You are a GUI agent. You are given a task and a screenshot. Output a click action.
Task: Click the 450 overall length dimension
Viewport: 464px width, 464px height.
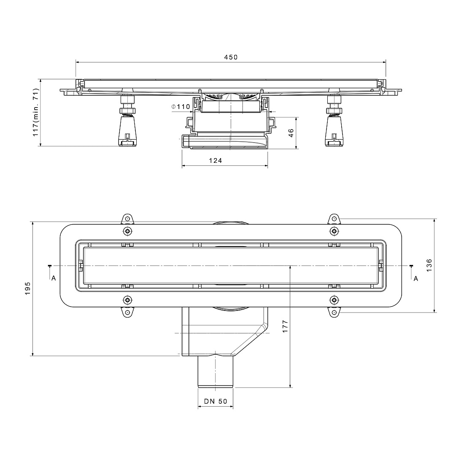click(231, 57)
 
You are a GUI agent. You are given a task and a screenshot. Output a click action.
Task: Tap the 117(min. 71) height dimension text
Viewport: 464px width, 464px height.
click(36, 113)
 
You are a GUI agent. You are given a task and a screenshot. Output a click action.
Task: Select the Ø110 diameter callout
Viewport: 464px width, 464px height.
click(181, 107)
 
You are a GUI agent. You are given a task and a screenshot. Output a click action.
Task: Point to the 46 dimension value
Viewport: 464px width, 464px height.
click(291, 133)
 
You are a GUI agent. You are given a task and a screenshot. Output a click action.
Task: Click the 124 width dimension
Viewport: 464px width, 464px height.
click(216, 160)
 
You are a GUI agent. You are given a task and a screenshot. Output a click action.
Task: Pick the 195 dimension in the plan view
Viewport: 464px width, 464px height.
click(27, 288)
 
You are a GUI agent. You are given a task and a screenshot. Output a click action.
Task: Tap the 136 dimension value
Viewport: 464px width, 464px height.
click(429, 265)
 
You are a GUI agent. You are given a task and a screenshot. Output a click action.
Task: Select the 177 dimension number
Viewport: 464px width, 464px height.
click(285, 326)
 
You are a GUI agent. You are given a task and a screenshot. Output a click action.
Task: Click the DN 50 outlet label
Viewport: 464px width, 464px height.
click(216, 401)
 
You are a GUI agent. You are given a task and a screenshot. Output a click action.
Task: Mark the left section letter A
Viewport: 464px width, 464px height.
click(54, 278)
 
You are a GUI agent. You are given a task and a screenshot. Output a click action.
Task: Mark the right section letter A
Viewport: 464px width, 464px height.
click(416, 278)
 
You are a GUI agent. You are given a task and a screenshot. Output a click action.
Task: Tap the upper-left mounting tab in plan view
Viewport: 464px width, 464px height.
click(127, 219)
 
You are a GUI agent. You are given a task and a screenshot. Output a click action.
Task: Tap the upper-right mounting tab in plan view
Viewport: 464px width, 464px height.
click(334, 219)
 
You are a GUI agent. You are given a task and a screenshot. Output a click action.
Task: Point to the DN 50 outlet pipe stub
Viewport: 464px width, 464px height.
click(216, 372)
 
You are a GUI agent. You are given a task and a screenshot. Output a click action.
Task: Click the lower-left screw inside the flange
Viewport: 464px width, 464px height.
click(127, 300)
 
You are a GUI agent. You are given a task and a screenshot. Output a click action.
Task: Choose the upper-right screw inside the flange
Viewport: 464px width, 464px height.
click(334, 231)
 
